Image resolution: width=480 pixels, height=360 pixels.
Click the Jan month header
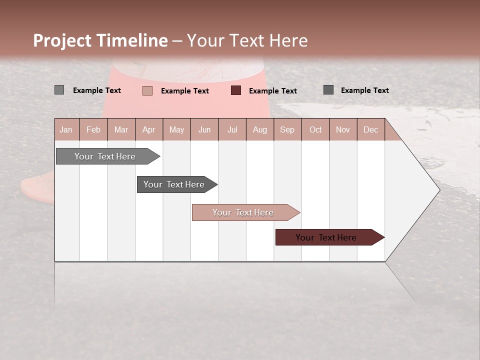coord(66,129)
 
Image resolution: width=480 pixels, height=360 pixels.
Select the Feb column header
coord(93,129)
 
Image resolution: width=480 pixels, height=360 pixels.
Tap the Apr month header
coord(149,129)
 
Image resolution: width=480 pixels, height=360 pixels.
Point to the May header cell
coord(176,129)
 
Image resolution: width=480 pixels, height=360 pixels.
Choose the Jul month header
coord(232,129)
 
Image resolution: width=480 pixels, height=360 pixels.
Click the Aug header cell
coord(260,129)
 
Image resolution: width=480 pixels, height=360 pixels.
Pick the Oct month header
coord(315,129)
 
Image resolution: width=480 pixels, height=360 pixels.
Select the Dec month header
coord(370,129)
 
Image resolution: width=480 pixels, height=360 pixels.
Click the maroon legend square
coord(236,90)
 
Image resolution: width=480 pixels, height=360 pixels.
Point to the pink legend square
coord(147,90)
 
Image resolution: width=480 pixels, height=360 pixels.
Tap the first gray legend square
coord(59,90)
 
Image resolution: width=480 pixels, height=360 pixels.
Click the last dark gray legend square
coord(328,90)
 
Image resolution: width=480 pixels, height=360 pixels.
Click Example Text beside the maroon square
coord(273,91)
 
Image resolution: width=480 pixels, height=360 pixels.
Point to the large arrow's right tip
coord(439,190)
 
